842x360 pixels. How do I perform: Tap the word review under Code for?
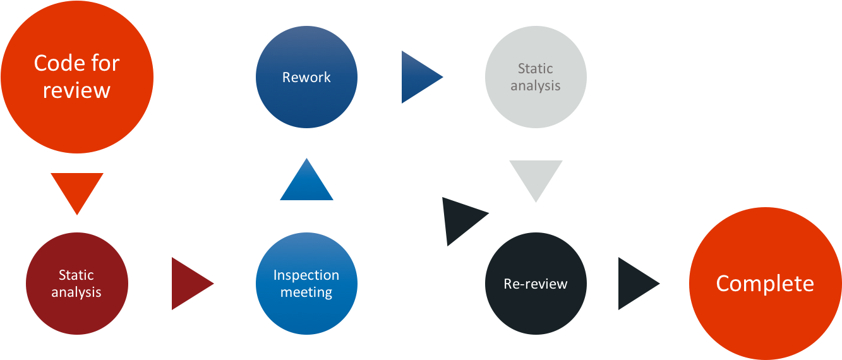[76, 90]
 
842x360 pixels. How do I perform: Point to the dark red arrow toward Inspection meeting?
[189, 284]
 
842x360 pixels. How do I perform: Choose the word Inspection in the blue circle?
[306, 275]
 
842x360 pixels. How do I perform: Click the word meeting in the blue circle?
[306, 292]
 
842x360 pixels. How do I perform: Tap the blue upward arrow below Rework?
[306, 183]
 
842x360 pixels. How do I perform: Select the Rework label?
[306, 77]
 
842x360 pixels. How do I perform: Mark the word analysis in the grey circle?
[536, 85]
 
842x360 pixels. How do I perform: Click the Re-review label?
[536, 284]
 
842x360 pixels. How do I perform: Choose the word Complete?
[765, 284]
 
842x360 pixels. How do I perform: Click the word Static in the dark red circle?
[76, 275]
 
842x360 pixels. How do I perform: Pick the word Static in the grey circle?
[536, 69]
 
